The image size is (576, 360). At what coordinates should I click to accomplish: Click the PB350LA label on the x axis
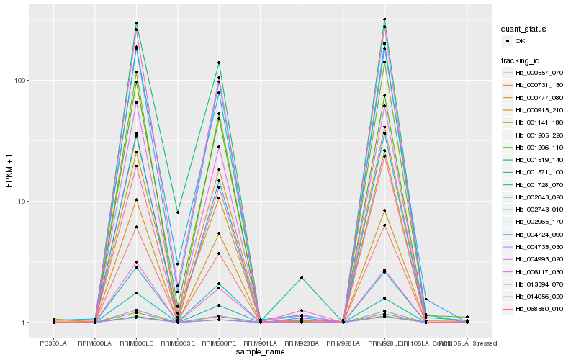pos(53,343)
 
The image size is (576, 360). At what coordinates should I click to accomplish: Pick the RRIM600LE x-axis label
pos(136,343)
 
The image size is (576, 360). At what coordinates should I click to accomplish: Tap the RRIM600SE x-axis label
pos(177,343)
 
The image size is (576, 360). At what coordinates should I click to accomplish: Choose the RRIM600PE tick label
pos(219,343)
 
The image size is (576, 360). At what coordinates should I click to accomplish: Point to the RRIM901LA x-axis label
pos(260,343)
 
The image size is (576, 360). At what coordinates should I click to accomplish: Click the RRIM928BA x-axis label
pos(302,343)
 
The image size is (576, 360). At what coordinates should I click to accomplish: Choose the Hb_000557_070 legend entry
pos(539,73)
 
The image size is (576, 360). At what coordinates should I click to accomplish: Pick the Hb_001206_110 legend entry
pos(539,147)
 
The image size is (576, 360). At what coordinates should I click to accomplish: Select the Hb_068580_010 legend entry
pos(539,308)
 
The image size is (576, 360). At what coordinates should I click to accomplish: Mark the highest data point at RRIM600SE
pos(177,212)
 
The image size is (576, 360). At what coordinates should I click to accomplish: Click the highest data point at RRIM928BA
pos(302,278)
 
